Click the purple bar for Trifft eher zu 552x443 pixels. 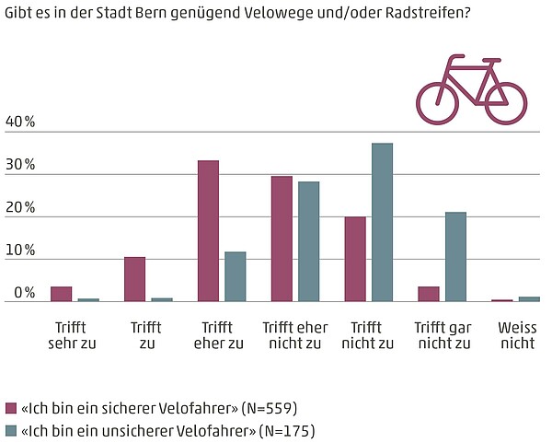point(208,231)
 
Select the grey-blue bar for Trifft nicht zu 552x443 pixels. point(382,222)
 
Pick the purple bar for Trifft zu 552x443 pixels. point(134,279)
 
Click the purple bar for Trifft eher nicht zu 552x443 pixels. point(282,239)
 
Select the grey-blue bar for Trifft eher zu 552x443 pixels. point(236,276)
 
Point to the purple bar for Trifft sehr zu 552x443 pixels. point(62,294)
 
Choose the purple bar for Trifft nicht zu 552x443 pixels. point(355,259)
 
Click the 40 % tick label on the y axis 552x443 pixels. point(20,122)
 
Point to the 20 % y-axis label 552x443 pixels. point(20,208)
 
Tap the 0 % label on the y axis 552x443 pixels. point(24,293)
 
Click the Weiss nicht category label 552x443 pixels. point(516,335)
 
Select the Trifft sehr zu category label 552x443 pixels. point(72,335)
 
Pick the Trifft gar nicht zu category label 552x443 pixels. point(443,335)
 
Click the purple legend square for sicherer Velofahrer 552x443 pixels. point(11,408)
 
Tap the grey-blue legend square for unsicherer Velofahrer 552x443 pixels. point(11,430)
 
